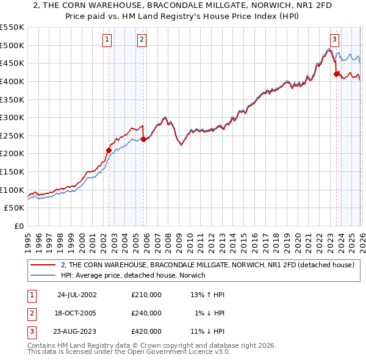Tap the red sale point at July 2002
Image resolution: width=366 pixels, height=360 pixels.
pos(109,149)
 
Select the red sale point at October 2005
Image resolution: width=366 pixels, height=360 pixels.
pos(144,139)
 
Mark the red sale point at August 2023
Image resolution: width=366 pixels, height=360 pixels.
pos(336,74)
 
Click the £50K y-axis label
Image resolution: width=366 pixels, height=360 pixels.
pos(15,208)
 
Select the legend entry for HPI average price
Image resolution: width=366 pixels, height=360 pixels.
pos(133,276)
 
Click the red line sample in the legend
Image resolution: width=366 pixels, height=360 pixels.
pos(43,265)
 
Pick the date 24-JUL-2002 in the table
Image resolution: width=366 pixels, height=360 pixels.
pos(77,295)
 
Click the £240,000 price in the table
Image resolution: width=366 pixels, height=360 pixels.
pos(146,313)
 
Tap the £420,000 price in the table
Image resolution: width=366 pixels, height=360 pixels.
pos(146,331)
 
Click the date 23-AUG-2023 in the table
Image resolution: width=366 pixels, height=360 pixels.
pos(77,331)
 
